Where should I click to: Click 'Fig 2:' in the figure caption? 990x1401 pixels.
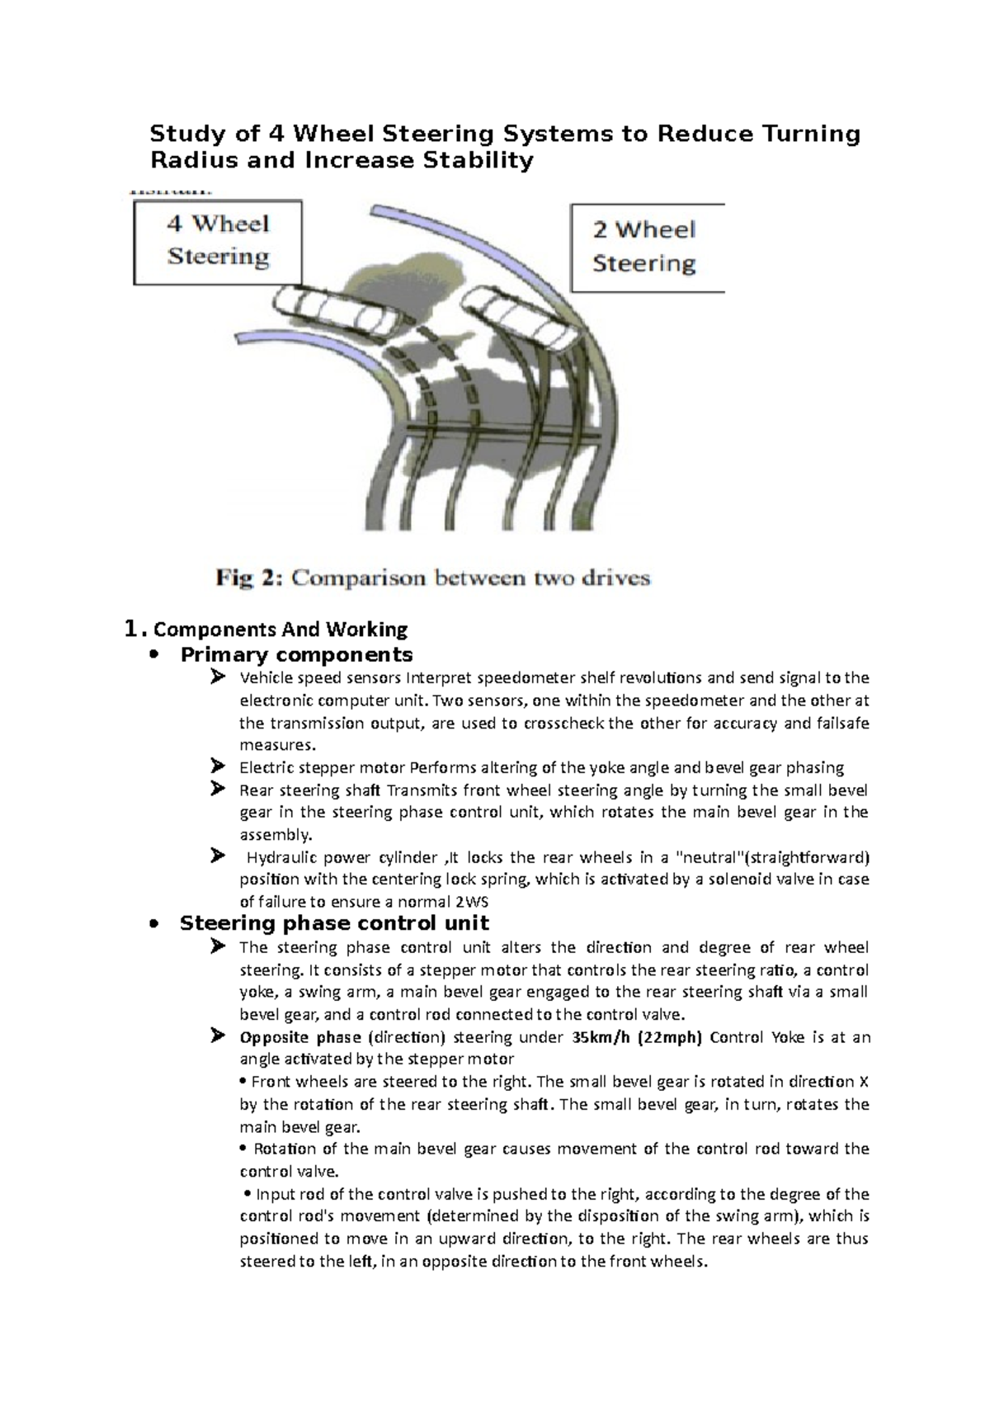click(249, 578)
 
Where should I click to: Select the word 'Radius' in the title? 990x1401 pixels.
click(189, 160)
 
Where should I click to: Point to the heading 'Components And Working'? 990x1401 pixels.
click(280, 630)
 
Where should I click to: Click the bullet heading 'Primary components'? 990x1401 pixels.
click(296, 655)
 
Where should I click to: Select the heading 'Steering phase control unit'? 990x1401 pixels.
click(334, 923)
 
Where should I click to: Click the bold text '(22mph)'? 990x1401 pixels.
click(669, 1037)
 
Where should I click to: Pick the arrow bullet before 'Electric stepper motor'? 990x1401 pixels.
click(218, 767)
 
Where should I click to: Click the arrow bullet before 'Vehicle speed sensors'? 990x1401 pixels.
click(218, 677)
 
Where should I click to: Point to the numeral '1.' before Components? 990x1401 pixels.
click(134, 630)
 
